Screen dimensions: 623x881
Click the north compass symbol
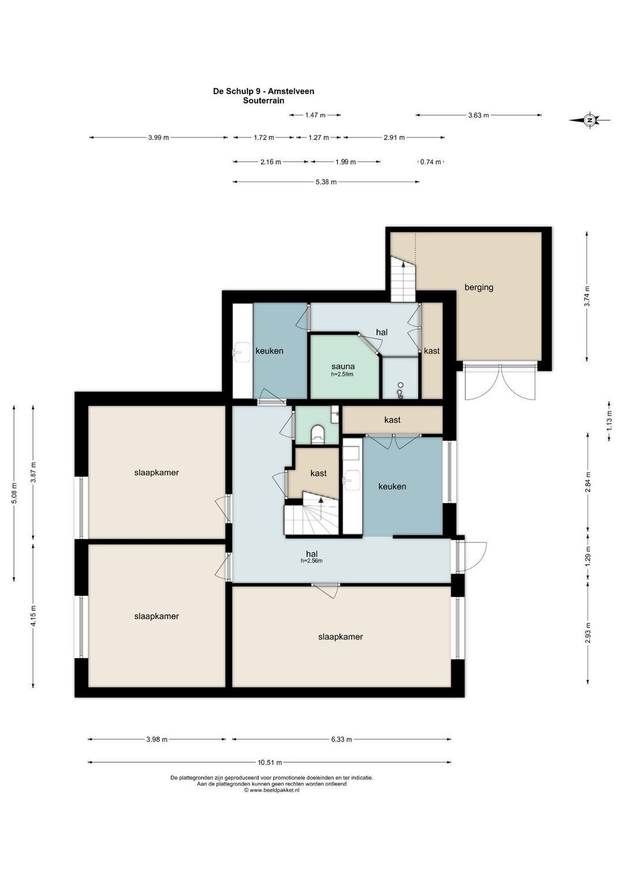point(589,120)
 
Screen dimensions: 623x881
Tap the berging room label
point(478,288)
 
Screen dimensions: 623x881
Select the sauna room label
point(342,367)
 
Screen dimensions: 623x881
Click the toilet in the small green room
point(317,434)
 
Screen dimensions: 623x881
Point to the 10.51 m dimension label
point(269,762)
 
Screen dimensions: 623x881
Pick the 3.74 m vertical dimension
point(587,296)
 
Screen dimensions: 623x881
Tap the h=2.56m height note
point(311,561)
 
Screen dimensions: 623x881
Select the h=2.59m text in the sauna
point(342,375)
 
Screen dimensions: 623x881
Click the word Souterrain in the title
point(264,100)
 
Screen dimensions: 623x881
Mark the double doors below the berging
point(500,382)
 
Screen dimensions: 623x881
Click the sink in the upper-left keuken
point(242,351)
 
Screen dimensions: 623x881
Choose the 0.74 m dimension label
point(431,162)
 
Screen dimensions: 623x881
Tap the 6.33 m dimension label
point(341,740)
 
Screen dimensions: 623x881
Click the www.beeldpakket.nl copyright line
point(272,790)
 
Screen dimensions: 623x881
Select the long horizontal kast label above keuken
point(392,420)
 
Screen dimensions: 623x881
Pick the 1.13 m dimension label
point(609,421)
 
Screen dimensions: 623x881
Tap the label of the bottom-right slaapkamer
point(340,637)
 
